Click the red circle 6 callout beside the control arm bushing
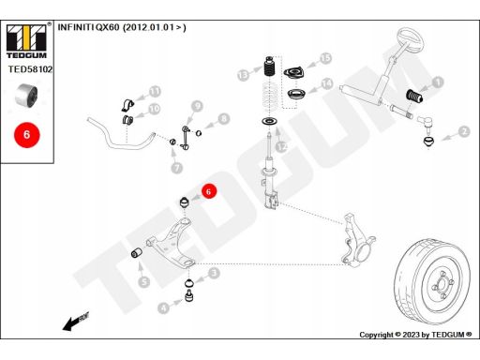point(209,191)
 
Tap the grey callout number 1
point(438,82)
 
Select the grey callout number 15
point(325,58)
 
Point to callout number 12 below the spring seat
point(282,146)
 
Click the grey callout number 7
point(177,168)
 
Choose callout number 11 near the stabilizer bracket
point(155,92)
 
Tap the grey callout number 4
point(163,308)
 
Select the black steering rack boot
point(414,96)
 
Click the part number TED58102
point(30,69)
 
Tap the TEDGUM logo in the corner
point(26,40)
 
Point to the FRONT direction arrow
point(76,321)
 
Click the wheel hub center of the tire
point(442,284)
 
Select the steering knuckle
point(358,240)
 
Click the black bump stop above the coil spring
point(269,67)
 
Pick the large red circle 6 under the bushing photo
point(27,135)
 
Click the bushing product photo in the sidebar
point(26,96)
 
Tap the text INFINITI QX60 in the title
point(88,27)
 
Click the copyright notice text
point(415,335)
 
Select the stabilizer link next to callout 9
point(186,137)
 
